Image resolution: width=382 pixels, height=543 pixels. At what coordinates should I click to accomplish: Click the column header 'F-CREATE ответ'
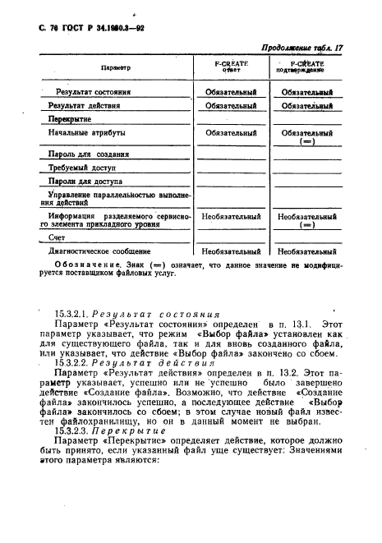231,67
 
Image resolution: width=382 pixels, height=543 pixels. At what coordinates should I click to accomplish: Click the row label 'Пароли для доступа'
83,182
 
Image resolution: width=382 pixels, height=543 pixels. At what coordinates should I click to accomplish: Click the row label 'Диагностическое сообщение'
99,251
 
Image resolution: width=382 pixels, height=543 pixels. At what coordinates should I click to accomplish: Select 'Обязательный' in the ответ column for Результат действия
231,106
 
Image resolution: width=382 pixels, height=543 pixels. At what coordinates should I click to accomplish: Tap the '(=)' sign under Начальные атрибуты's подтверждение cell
307,141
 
